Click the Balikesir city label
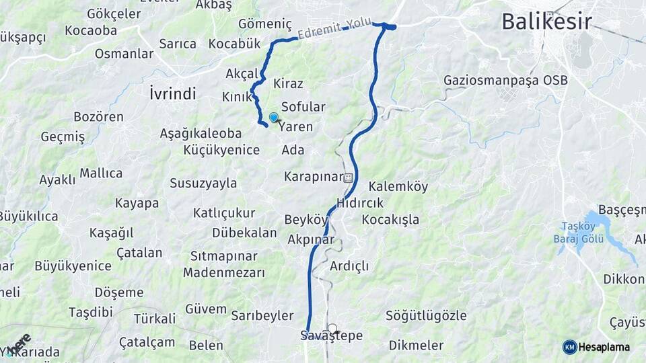coord(546,22)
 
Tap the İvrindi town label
coord(172,93)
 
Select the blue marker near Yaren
coord(274,118)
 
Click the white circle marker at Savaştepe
coord(332,328)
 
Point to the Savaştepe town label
coord(332,335)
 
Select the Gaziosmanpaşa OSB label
coord(505,81)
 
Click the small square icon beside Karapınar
coord(348,178)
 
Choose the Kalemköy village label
coord(398,187)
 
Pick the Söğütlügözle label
coord(426,315)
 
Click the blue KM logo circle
coord(569,347)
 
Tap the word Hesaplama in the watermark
coord(604,347)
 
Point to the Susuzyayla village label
coord(203,183)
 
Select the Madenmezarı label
coord(224,273)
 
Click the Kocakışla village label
coord(390,219)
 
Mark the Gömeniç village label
coord(265,24)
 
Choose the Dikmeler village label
coord(416,346)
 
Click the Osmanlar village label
coord(124,54)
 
